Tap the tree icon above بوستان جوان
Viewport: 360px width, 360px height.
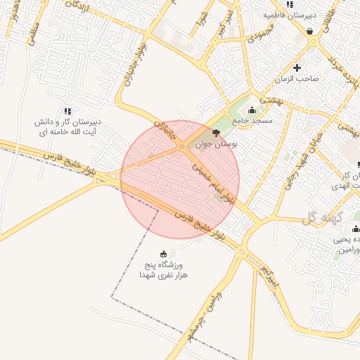[x=216, y=131]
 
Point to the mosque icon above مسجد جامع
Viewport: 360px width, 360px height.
[x=252, y=110]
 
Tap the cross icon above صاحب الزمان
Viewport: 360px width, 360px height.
[x=297, y=68]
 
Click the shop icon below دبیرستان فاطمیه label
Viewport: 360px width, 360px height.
[x=310, y=30]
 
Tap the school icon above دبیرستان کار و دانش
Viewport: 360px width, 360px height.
[x=67, y=111]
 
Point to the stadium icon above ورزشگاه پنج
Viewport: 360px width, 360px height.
[x=164, y=254]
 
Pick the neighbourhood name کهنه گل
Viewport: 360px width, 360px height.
[x=321, y=220]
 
